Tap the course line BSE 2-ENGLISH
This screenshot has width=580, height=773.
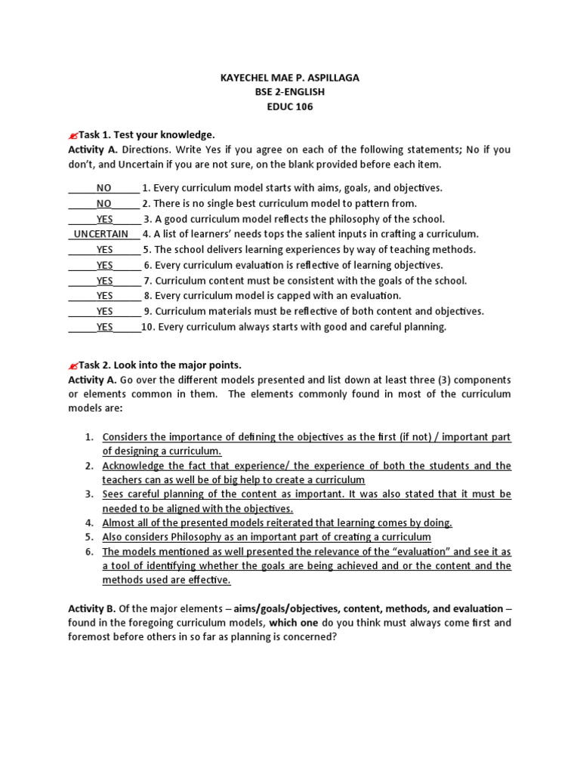(289, 91)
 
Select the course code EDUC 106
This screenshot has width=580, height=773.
(289, 106)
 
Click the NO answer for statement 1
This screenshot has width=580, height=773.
(104, 188)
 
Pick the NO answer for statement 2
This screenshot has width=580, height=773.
(104, 204)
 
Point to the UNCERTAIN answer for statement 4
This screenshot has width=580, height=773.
(101, 234)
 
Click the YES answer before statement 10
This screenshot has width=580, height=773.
(105, 327)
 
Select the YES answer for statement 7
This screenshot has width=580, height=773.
(105, 281)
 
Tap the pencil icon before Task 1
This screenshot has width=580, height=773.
(73, 135)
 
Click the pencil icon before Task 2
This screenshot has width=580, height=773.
(73, 365)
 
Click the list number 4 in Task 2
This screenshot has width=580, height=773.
(89, 522)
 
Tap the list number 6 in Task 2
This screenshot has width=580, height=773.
(89, 551)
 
